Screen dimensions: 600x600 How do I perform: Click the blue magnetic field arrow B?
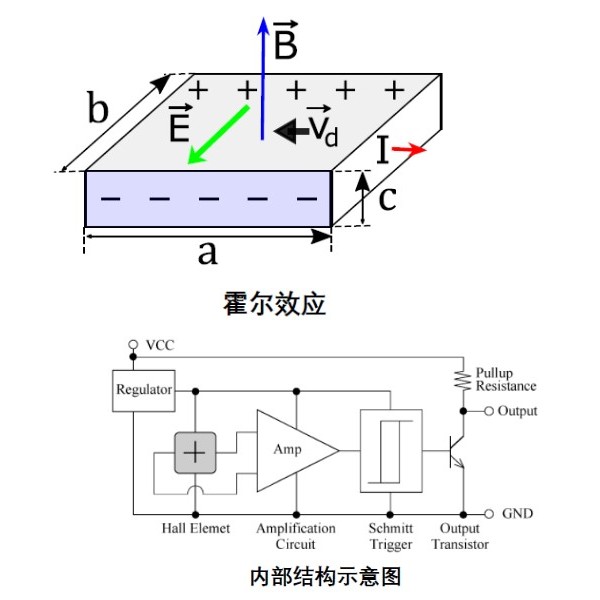point(262,78)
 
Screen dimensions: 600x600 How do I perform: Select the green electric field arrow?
point(218,135)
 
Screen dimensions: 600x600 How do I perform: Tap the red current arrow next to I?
point(409,149)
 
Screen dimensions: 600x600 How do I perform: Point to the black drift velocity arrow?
point(292,131)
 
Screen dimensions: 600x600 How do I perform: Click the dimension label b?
point(98,107)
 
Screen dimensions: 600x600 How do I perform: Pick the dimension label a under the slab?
point(208,254)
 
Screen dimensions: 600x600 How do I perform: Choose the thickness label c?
point(387,199)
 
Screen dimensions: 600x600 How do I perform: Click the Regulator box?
point(144,391)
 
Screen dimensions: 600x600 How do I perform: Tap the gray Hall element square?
point(195,453)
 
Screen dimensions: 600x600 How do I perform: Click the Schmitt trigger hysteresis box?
point(391,451)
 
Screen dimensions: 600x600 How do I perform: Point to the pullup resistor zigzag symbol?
point(463,380)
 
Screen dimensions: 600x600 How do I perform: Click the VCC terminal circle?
point(133,345)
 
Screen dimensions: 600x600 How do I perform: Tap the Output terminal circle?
point(489,411)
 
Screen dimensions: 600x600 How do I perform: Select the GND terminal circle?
point(489,514)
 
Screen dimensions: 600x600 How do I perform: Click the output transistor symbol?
point(457,452)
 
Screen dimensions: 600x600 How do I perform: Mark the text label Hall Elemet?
point(196,528)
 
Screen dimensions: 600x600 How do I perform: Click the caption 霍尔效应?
point(274,304)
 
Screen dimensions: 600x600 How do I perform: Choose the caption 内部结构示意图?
point(325,577)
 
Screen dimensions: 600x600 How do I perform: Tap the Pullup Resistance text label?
point(505,380)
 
